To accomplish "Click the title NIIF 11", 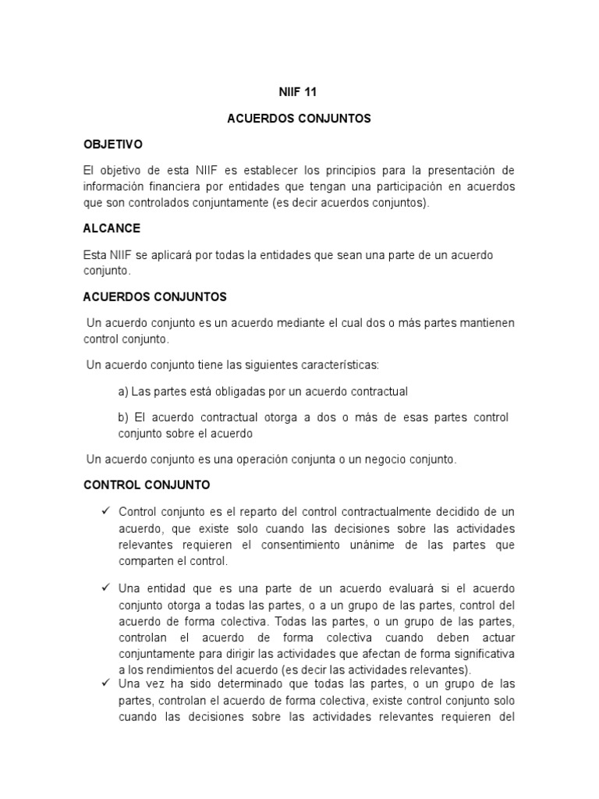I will point(299,91).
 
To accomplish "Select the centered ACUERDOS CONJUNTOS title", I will point(299,119).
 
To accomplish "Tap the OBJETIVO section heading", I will point(113,144).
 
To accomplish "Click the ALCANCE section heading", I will point(112,229).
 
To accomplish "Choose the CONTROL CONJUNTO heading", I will point(147,485).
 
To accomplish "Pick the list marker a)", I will point(123,391).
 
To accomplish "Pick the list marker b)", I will point(123,417).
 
